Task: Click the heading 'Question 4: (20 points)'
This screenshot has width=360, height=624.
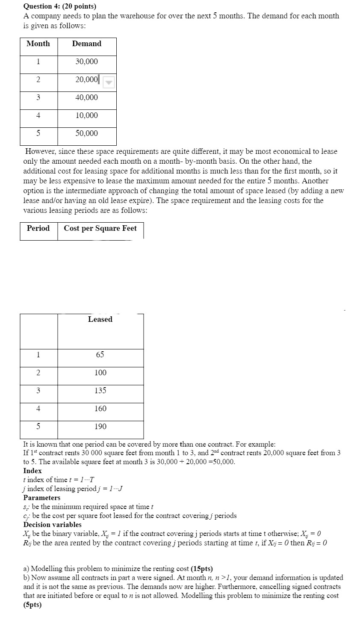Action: pyautogui.click(x=59, y=6)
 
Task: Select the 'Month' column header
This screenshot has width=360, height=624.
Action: pyautogui.click(x=38, y=44)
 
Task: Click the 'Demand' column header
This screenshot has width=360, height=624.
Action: pyautogui.click(x=87, y=44)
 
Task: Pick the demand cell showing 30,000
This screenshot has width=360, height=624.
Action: pyautogui.click(x=87, y=62)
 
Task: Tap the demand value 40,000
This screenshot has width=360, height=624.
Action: pyautogui.click(x=87, y=97)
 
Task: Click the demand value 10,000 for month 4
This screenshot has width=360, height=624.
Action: pyautogui.click(x=87, y=115)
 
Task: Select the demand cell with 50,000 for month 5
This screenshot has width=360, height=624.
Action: pyautogui.click(x=87, y=133)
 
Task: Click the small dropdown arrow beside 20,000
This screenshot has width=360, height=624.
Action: pyautogui.click(x=109, y=82)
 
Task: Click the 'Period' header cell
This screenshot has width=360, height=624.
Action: pyautogui.click(x=38, y=228)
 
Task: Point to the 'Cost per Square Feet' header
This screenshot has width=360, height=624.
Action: pyautogui.click(x=100, y=228)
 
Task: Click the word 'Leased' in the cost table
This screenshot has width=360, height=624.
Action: pyautogui.click(x=100, y=319)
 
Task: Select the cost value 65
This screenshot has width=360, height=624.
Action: pyautogui.click(x=100, y=355)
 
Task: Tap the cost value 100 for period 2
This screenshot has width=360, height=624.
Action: pyautogui.click(x=100, y=373)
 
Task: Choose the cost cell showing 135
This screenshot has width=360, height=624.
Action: pyautogui.click(x=100, y=391)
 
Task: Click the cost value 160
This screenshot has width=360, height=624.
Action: pyautogui.click(x=100, y=409)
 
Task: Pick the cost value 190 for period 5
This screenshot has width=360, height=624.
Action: pyautogui.click(x=100, y=427)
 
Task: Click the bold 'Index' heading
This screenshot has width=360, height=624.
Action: pyautogui.click(x=32, y=471)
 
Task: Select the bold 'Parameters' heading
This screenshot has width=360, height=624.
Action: pyautogui.click(x=41, y=497)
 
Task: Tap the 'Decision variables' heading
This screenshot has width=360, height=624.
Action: pyautogui.click(x=52, y=524)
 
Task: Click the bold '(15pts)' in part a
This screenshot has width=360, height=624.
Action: pyautogui.click(x=201, y=569)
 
